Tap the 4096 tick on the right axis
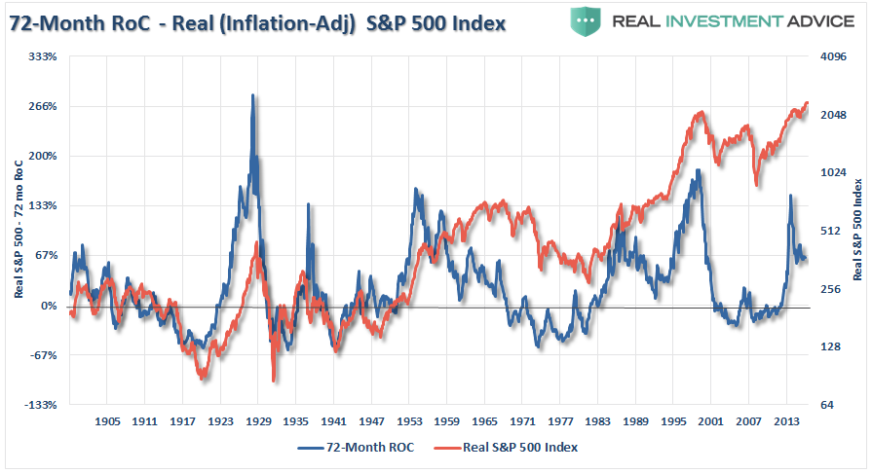pyautogui.click(x=831, y=56)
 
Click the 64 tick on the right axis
pyautogui.click(x=825, y=405)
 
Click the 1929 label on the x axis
pyautogui.click(x=258, y=422)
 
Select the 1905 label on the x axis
pyautogui.click(x=107, y=422)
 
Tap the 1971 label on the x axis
pyautogui.click(x=523, y=422)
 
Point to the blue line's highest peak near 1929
pyautogui.click(x=253, y=95)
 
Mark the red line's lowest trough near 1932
pyautogui.click(x=274, y=381)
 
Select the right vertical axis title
pyautogui.click(x=858, y=231)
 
